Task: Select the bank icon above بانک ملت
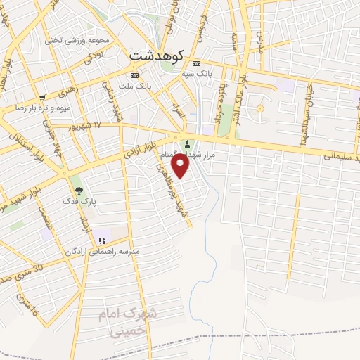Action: pyautogui.click(x=134, y=75)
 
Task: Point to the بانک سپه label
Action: pyautogui.click(x=197, y=73)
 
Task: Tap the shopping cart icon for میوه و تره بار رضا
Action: pyautogui.click(x=43, y=98)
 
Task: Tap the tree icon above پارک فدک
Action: pyautogui.click(x=78, y=189)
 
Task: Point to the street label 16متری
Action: pyautogui.click(x=27, y=304)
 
